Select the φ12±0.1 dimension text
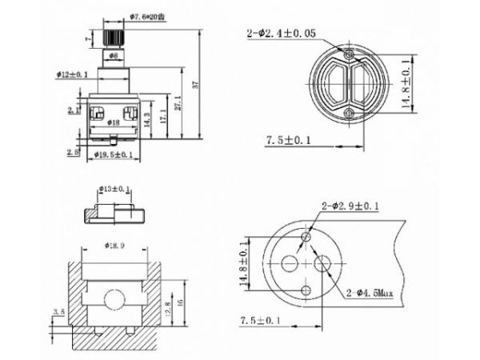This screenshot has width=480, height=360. [72, 74]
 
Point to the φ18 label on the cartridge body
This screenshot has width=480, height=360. [113, 122]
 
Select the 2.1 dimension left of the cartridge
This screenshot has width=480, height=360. [71, 110]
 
